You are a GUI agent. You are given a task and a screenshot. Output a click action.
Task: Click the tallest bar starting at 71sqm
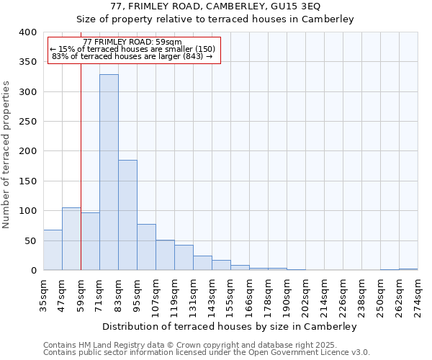pos(109,172)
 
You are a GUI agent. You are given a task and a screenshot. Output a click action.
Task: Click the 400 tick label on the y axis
pos(27,32)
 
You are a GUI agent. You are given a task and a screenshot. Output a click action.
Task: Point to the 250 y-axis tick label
pos(27,122)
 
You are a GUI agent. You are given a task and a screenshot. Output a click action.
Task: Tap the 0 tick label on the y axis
pos(33,270)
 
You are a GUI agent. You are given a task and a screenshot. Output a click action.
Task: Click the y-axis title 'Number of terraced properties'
pos(6,155)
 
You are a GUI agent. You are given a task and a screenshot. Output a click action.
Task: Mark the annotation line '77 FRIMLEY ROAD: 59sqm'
pos(132,42)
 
